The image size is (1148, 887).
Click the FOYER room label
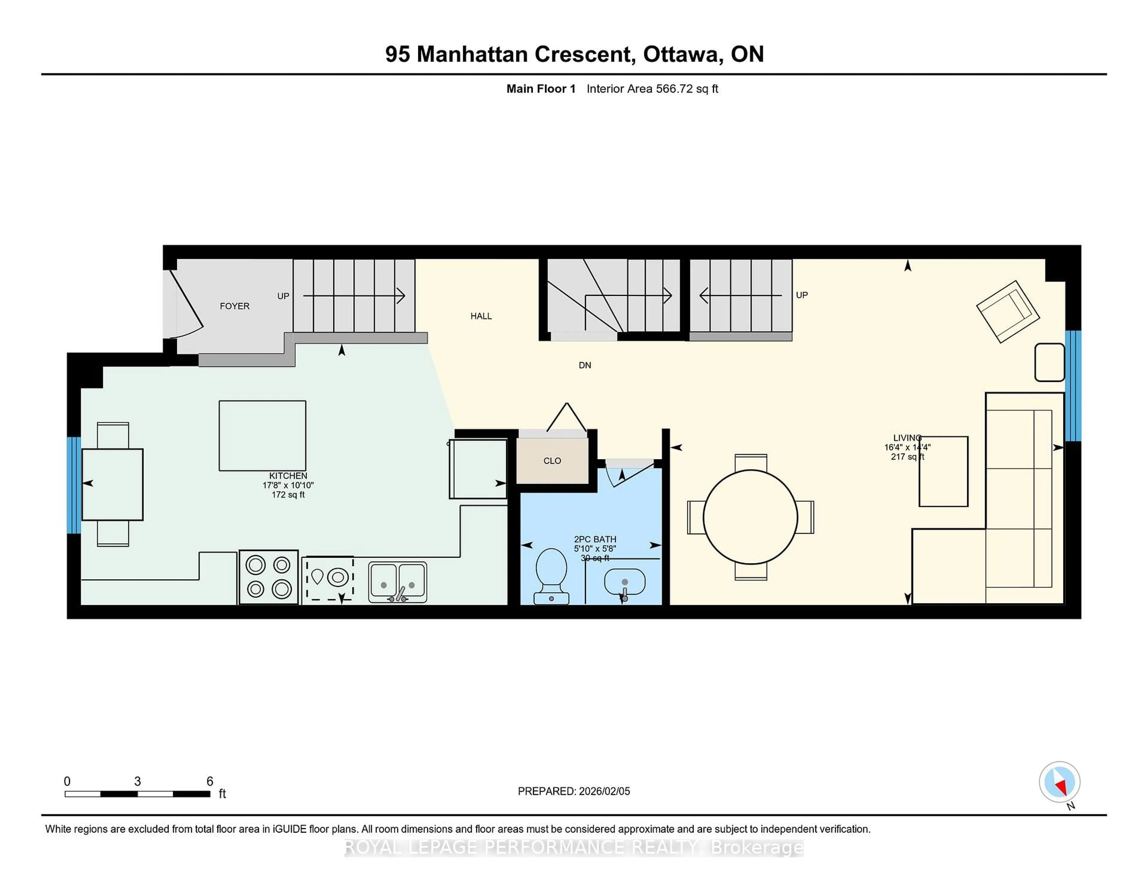pyautogui.click(x=234, y=306)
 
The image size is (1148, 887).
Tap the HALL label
pyautogui.click(x=481, y=316)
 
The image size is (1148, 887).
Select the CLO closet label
pyautogui.click(x=552, y=461)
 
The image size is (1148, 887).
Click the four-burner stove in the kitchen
pyautogui.click(x=268, y=577)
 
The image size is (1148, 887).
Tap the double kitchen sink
pyautogui.click(x=397, y=582)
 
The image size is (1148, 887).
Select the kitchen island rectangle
pyautogui.click(x=262, y=436)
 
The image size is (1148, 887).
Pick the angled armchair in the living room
pyautogui.click(x=1008, y=312)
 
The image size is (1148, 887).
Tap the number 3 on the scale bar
pyautogui.click(x=137, y=782)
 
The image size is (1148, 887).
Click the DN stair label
pyautogui.click(x=584, y=365)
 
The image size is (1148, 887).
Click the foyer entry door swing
pyautogui.click(x=185, y=308)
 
